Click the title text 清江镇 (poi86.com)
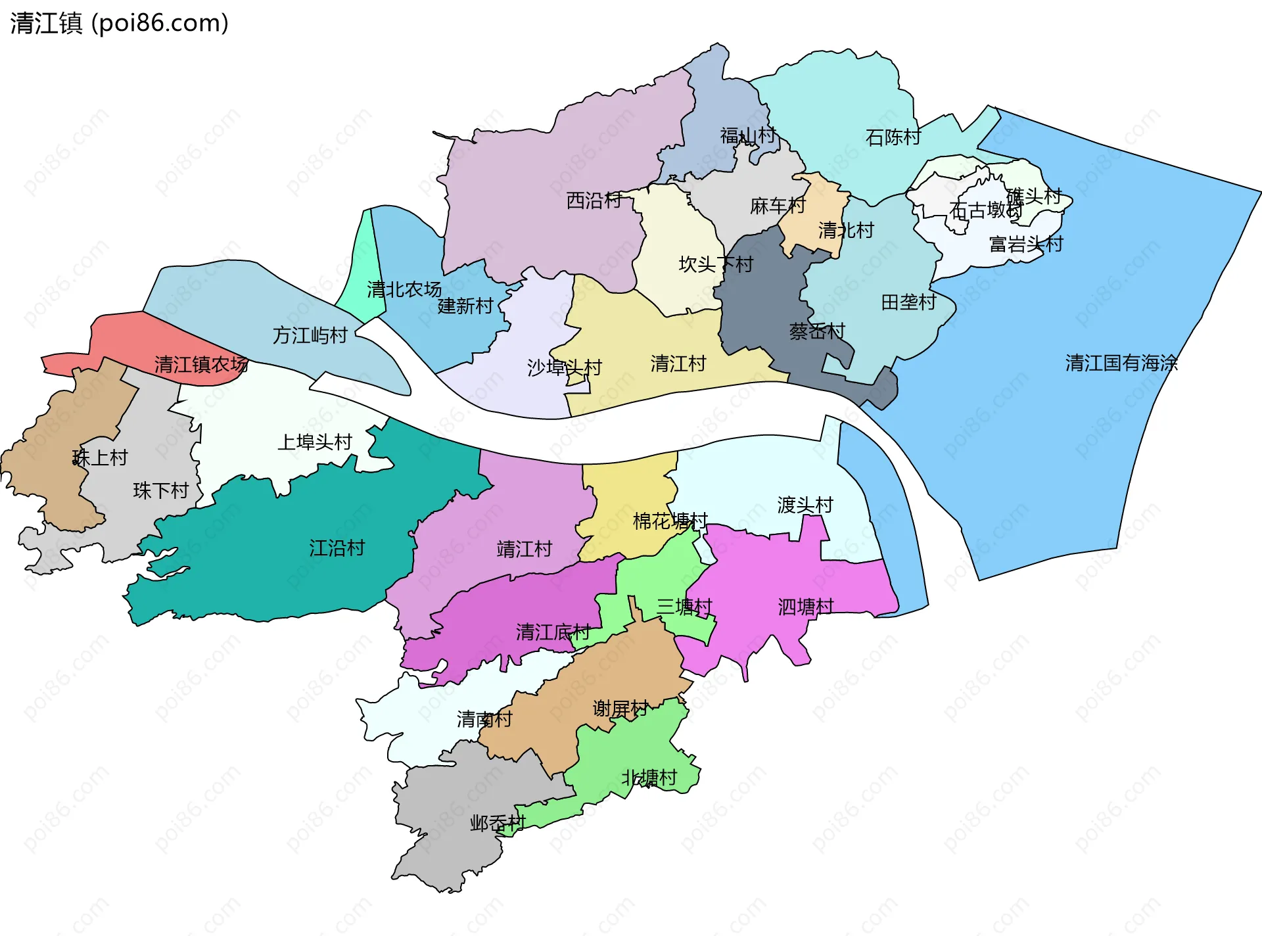(119, 23)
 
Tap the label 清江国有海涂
(1121, 363)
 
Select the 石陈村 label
(893, 137)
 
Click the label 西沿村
(594, 200)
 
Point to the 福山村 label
(748, 135)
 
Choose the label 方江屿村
(310, 335)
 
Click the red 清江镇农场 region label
(201, 364)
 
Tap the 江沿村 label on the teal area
(337, 548)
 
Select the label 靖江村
(525, 549)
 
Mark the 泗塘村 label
(806, 606)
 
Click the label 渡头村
(805, 505)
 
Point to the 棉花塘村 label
(670, 521)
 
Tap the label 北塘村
(649, 778)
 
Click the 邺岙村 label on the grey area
(498, 823)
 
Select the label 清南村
(484, 719)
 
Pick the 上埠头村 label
(315, 442)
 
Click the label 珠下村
(161, 490)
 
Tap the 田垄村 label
(908, 302)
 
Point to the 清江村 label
(678, 363)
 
